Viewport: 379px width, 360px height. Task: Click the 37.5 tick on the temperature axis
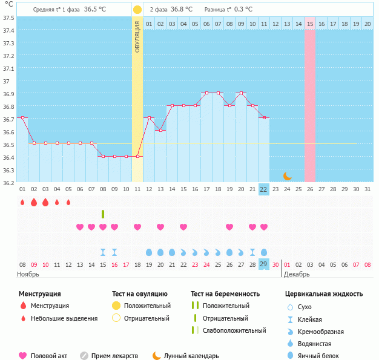[x=8, y=18]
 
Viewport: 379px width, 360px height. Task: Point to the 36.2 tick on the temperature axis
[x=8, y=182]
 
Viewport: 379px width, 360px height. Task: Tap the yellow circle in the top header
[x=137, y=10]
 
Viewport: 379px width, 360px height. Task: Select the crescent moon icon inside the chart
[x=288, y=176]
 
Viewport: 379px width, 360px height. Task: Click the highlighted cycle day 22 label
[x=263, y=189]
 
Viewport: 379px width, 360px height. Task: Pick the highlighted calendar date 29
[x=263, y=264]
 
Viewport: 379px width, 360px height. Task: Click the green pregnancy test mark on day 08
[x=103, y=214]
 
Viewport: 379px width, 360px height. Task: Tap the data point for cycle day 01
[x=22, y=117]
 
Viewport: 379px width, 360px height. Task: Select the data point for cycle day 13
[x=160, y=130]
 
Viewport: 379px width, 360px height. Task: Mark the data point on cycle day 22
[x=263, y=117]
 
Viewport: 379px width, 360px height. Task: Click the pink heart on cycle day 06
[x=80, y=227]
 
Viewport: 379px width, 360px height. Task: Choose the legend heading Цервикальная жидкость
[x=324, y=294]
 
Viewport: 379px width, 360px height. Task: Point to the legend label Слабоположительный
[x=234, y=330]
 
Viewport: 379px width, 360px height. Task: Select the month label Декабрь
[x=297, y=274]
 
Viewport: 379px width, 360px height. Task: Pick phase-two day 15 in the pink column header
[x=310, y=24]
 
